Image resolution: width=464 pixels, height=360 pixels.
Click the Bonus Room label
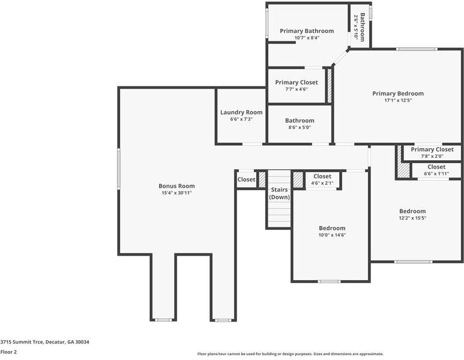coord(176,186)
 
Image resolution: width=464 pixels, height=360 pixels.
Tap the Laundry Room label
coord(241,112)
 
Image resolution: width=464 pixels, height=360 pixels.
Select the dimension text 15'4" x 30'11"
coord(176,193)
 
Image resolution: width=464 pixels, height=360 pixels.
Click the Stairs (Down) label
coord(279,193)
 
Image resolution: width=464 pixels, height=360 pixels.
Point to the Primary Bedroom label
coord(397,94)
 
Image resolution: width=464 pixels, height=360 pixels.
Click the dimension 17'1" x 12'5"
coord(397,101)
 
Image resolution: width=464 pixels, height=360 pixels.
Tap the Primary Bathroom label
coord(307,31)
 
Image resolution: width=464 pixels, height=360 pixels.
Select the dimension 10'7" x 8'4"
coord(307,38)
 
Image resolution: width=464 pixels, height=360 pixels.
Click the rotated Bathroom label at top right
coord(363,19)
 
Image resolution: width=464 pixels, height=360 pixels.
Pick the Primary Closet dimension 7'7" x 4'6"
coord(297,89)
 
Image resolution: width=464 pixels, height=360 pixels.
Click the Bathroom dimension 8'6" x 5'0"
coord(300,127)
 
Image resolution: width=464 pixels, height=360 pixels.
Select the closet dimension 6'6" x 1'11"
coord(436,174)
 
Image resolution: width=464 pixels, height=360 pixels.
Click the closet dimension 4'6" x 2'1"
coord(322,183)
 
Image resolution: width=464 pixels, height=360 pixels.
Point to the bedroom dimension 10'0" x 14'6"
coord(332,235)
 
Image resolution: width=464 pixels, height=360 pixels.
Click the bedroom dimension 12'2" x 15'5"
coord(412,218)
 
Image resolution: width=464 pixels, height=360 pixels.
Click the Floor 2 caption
coord(8,352)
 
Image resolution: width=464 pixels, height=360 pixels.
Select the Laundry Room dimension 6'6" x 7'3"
coord(241,119)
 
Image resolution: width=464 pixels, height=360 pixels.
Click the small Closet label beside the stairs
coord(246,179)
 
